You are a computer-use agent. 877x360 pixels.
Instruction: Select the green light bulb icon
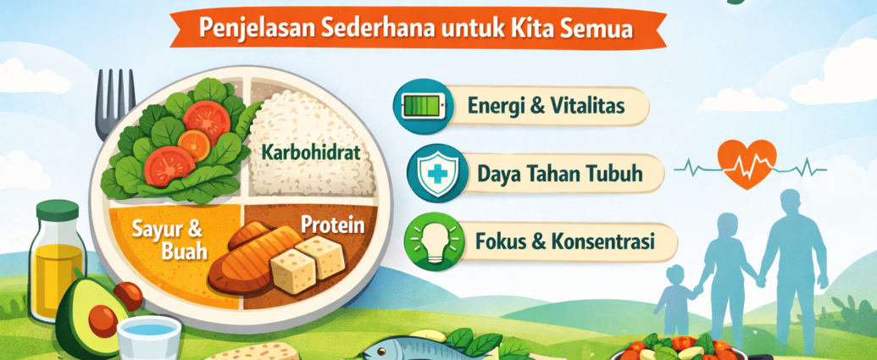click(434, 242)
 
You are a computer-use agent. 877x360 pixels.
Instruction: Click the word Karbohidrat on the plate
click(310, 152)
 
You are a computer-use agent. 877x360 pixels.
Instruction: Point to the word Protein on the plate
click(333, 224)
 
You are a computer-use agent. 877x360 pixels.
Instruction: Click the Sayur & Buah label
click(168, 240)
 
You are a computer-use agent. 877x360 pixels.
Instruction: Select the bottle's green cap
click(57, 210)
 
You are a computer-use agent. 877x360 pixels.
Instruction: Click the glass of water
click(149, 337)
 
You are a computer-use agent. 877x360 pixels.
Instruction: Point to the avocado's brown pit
click(103, 318)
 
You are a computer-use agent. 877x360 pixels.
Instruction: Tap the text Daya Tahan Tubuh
click(560, 174)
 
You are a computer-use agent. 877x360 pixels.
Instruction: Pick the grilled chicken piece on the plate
click(254, 259)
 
